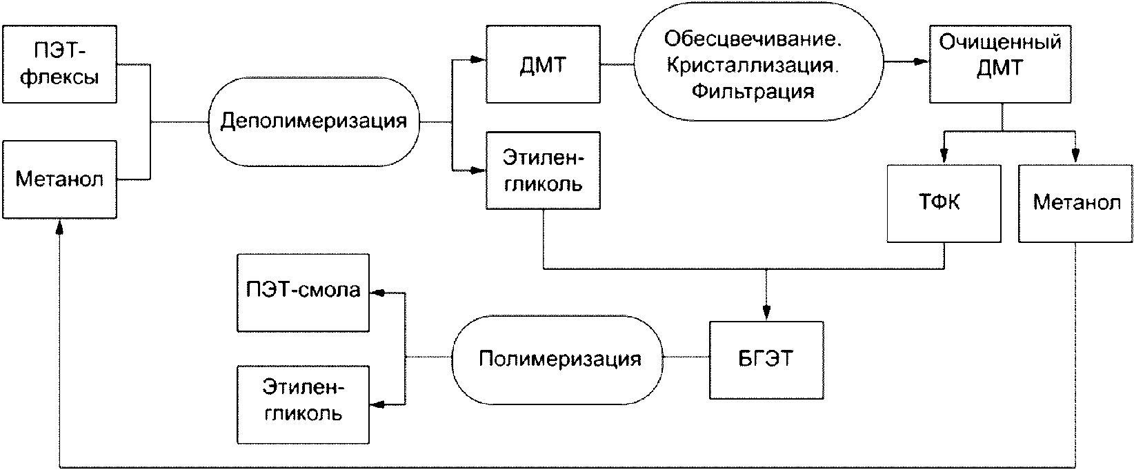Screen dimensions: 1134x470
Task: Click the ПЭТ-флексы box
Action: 60,64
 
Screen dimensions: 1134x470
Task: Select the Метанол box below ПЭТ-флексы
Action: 60,180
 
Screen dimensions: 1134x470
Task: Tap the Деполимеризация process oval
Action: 314,121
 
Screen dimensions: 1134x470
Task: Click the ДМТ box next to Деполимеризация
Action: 544,64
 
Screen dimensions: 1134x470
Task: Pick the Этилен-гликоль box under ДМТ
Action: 544,170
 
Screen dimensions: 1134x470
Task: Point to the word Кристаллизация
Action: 753,66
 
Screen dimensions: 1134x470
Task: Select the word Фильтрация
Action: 753,92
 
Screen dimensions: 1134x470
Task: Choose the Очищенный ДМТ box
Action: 1000,64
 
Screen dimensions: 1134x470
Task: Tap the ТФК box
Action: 944,204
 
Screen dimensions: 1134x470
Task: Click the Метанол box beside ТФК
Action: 1076,204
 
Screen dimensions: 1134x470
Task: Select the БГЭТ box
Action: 766,360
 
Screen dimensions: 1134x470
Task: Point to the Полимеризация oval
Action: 557,360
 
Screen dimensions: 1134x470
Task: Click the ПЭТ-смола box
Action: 304,293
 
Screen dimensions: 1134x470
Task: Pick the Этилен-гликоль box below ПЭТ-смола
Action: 304,404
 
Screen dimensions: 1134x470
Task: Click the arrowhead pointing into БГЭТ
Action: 766,313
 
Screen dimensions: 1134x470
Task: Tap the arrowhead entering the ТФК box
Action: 944,156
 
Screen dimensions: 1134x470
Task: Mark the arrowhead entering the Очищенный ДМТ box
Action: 922,62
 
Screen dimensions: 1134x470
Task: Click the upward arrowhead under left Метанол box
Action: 60,227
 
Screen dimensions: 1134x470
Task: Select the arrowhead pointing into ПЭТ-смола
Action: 378,293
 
